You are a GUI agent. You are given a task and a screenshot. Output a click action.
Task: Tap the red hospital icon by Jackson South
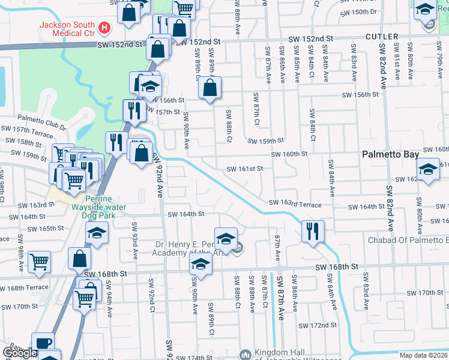pos(105,28)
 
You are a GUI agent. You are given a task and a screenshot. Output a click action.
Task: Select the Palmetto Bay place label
pos(390,154)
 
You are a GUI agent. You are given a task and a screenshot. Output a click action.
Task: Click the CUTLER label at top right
pos(381,37)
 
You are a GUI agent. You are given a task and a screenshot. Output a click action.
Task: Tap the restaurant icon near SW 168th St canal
pos(312,230)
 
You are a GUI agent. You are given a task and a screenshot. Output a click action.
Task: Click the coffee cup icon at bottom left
pos(43,343)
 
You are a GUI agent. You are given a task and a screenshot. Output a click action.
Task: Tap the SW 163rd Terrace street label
pos(295,205)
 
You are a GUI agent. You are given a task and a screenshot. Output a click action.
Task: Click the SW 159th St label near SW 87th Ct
pos(266,141)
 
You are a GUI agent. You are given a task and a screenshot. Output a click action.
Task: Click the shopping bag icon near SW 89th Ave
pos(210,87)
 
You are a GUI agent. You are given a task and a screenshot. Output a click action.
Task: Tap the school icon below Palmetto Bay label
pos(428,169)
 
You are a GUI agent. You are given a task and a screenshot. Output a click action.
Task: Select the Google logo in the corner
pos(20,353)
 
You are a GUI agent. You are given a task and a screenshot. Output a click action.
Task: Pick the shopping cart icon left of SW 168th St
pos(39,261)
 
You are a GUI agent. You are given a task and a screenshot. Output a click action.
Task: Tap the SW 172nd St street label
pos(319,325)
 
